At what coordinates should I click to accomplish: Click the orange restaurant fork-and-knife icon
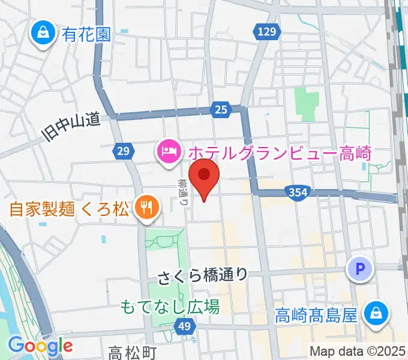146,209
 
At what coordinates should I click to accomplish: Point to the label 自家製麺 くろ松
69,210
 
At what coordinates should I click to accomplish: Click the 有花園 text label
86,34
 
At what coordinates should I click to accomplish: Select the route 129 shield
268,32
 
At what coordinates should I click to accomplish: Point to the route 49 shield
184,326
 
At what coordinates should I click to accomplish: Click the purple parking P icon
360,270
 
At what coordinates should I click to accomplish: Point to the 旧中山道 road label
71,127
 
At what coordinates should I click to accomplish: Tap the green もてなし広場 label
170,307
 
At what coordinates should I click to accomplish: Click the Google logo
40,346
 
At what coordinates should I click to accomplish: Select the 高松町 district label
133,352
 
